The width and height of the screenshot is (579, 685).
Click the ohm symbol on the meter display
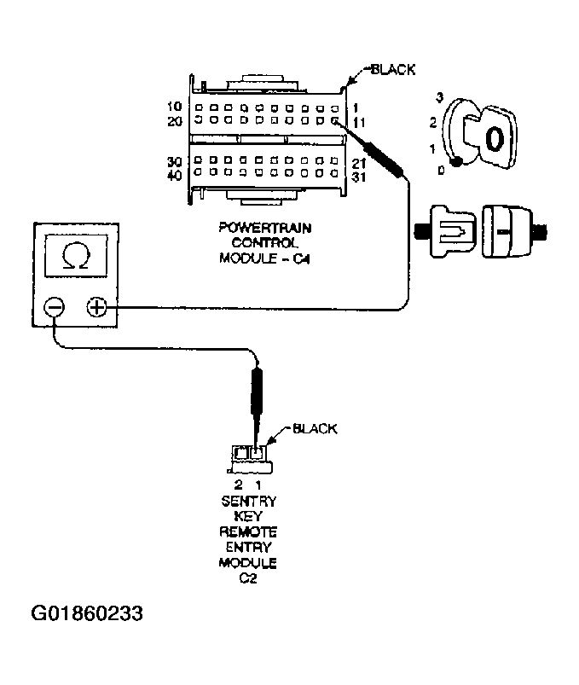[x=76, y=256]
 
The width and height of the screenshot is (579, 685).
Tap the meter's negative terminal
[x=55, y=308]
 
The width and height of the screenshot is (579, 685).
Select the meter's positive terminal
[x=96, y=307]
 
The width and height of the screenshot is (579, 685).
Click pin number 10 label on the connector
[x=174, y=106]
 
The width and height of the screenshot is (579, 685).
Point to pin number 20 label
[x=175, y=121]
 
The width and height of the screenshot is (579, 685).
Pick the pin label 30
[x=174, y=161]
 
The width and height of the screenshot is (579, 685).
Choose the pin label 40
[x=174, y=175]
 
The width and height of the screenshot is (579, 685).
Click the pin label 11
[x=358, y=123]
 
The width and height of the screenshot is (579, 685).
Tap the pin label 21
[x=358, y=164]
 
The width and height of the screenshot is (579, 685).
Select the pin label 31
[x=358, y=177]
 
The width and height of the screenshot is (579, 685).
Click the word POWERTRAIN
[x=265, y=228]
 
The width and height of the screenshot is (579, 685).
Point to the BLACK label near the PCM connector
[x=393, y=69]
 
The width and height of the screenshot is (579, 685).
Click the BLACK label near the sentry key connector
[x=315, y=428]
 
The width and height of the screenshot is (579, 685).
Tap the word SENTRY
[x=248, y=501]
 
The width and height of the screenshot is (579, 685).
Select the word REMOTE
[x=248, y=532]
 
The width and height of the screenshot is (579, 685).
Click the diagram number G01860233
[x=87, y=613]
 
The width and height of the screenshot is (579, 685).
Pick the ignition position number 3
[x=440, y=97]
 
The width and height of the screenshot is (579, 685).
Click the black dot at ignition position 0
[x=456, y=163]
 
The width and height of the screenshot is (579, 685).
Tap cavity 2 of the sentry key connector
[x=240, y=453]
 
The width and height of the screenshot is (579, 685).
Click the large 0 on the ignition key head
[x=495, y=139]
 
